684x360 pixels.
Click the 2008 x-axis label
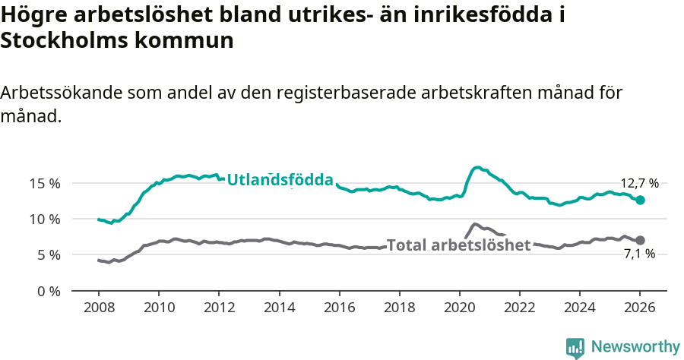[x=99, y=308]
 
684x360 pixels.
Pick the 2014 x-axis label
[x=279, y=308]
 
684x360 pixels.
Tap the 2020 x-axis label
[x=459, y=308]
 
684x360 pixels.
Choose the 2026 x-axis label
[x=640, y=308]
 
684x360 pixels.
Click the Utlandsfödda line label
[x=280, y=180]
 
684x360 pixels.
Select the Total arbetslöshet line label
[x=458, y=245]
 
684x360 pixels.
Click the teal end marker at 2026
[x=640, y=200]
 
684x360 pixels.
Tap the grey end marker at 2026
[x=640, y=240]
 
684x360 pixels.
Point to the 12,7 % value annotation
[x=639, y=183]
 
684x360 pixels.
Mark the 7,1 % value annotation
[x=639, y=254]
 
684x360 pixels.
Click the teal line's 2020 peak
[x=477, y=167]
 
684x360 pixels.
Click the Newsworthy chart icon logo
[x=575, y=348]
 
